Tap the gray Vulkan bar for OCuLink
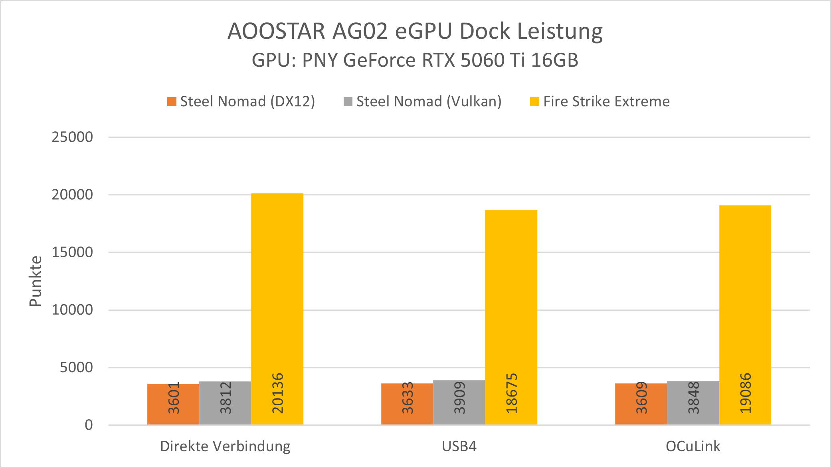[693, 403]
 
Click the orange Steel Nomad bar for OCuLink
[641, 404]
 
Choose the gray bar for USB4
[459, 402]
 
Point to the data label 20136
[277, 393]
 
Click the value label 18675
[511, 393]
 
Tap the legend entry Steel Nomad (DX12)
[241, 101]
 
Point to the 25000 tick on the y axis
[72, 137]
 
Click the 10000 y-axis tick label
[72, 309]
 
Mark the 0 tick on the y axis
[89, 424]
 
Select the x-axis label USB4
[459, 446]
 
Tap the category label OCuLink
[693, 446]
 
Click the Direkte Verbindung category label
[225, 446]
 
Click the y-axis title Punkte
[36, 281]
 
